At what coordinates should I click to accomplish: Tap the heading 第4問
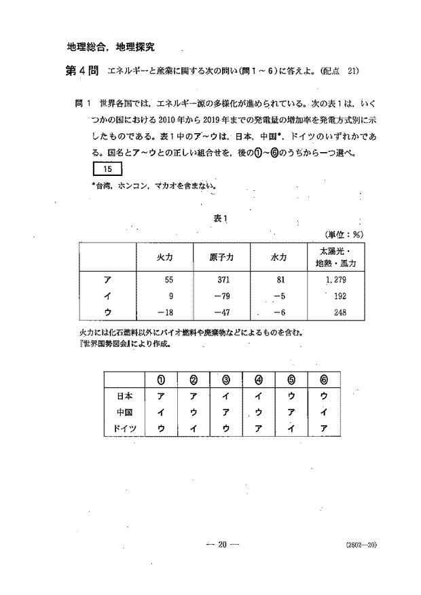pos(80,71)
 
